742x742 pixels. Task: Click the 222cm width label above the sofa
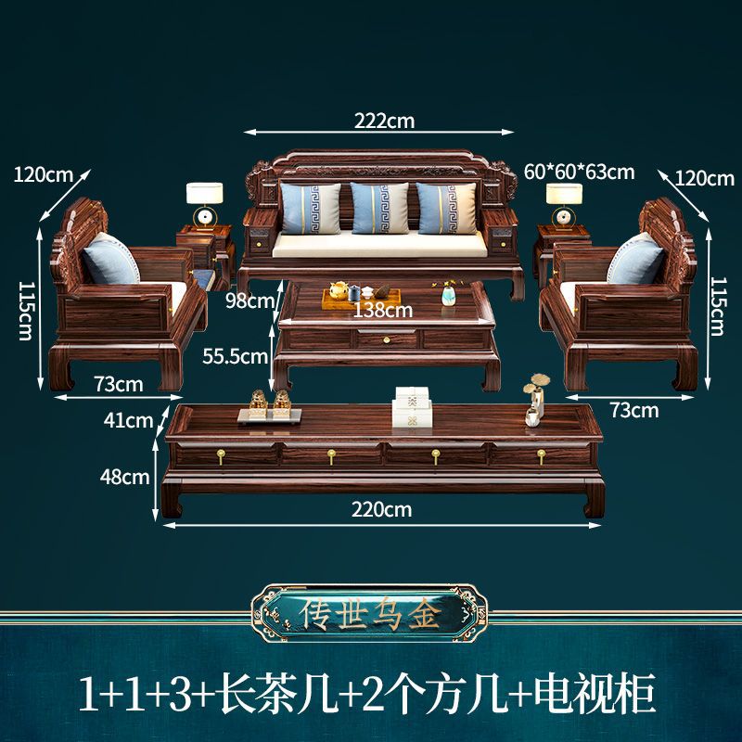click(383, 120)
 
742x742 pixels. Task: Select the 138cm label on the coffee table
click(383, 310)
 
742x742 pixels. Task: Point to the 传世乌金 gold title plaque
click(371, 614)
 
